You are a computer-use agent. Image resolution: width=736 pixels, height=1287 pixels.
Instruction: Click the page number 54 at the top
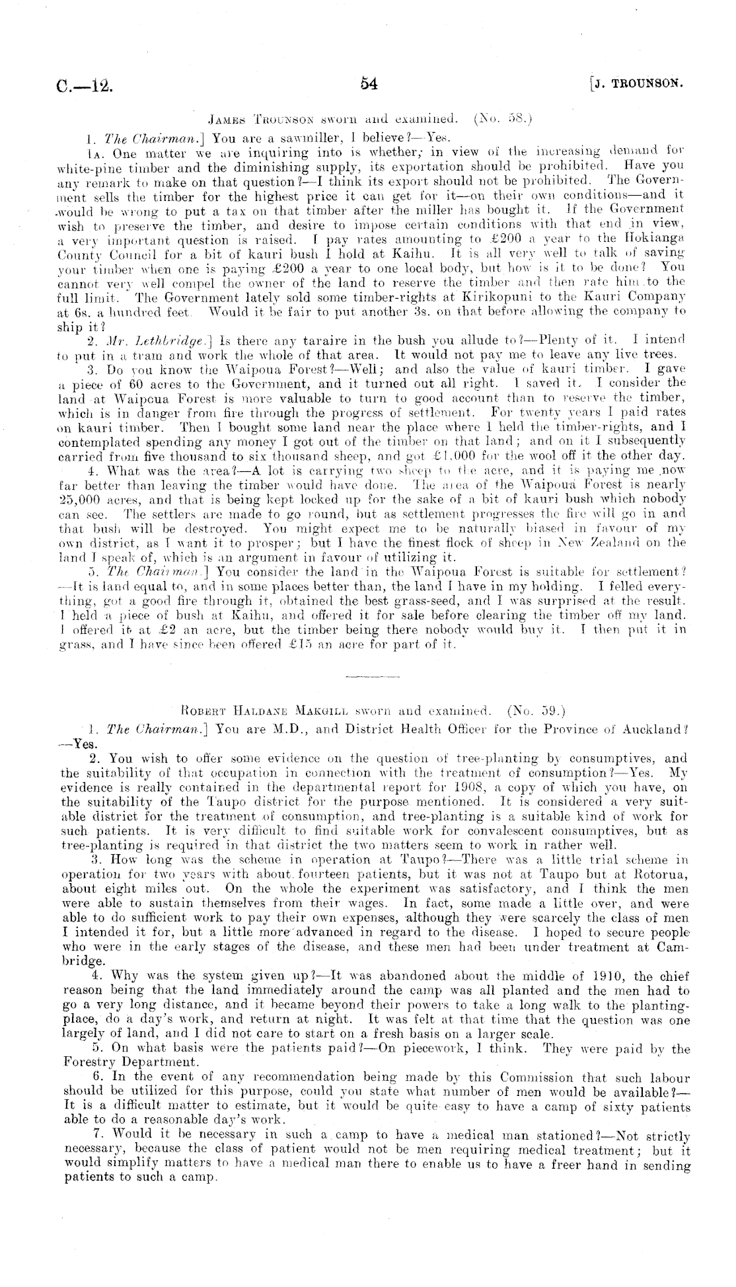(368, 84)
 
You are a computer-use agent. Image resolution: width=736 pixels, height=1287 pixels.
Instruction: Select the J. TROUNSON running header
(638, 85)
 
